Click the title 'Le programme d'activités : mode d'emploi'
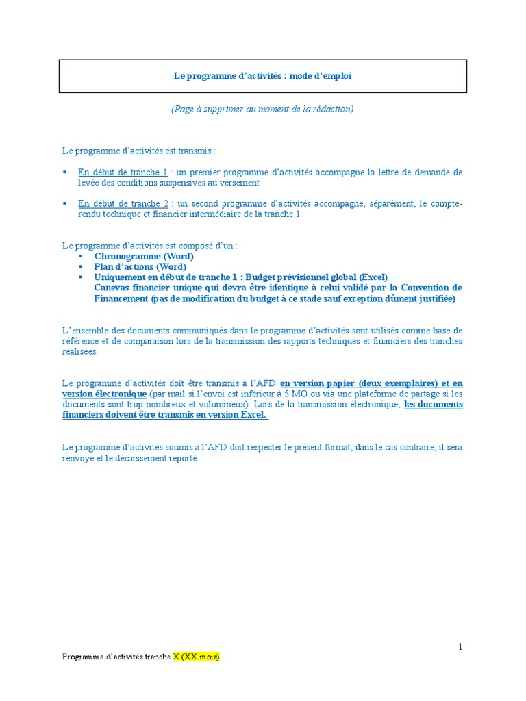(x=262, y=76)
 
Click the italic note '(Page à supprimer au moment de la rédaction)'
(x=262, y=110)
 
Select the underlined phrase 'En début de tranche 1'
(x=123, y=173)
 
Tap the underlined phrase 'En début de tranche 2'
(x=123, y=204)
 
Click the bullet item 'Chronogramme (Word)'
(x=144, y=257)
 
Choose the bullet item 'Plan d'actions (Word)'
(x=140, y=267)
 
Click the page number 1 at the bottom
(x=461, y=647)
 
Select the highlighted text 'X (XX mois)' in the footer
(x=196, y=657)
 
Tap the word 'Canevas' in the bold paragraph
(x=112, y=288)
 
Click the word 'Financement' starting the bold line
(x=121, y=298)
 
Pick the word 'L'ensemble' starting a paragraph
(x=83, y=331)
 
